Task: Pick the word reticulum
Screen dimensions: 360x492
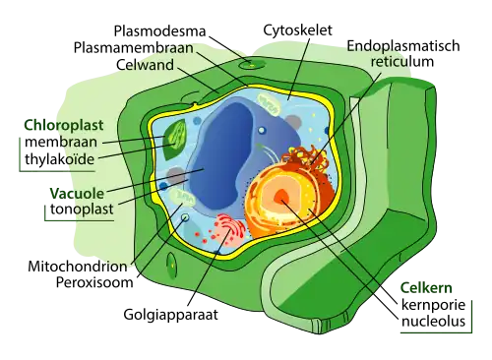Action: (x=394, y=63)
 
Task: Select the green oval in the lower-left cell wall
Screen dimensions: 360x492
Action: (x=172, y=263)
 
